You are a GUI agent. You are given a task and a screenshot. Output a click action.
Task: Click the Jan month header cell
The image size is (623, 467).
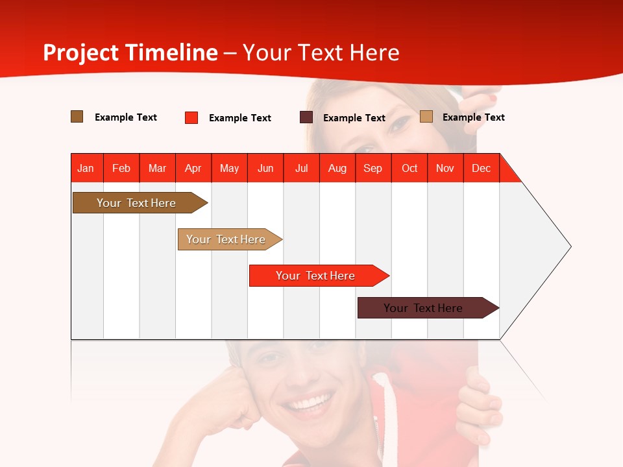(86, 168)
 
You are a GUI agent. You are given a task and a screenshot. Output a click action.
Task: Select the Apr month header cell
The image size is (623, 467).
(193, 168)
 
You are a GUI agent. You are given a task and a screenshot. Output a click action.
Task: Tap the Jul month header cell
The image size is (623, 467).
(301, 168)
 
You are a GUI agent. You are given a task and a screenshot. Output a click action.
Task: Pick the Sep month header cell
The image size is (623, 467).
(373, 168)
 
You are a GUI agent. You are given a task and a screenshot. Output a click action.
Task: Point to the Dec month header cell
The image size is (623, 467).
(481, 168)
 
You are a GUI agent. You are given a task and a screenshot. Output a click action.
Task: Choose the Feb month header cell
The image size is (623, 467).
(121, 168)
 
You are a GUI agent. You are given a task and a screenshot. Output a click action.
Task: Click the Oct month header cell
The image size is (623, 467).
(409, 168)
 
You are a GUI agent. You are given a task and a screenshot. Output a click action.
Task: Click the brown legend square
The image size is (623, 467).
(77, 117)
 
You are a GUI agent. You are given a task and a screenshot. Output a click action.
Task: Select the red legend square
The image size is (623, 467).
(191, 117)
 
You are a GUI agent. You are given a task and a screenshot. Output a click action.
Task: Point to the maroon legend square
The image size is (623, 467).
(306, 117)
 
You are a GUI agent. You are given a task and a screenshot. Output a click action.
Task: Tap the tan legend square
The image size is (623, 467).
(426, 117)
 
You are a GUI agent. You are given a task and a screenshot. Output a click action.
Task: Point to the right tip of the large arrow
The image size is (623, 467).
(570, 246)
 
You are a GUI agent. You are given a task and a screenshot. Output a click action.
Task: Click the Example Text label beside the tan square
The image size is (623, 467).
(473, 117)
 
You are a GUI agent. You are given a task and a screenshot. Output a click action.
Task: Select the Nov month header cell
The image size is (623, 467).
(445, 168)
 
